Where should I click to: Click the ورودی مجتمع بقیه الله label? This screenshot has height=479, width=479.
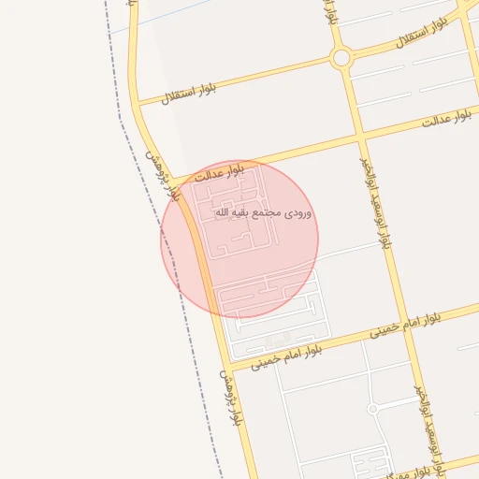(x=264, y=213)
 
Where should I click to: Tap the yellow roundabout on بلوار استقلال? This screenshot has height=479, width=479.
(x=341, y=58)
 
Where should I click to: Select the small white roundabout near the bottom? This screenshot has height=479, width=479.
(x=372, y=409)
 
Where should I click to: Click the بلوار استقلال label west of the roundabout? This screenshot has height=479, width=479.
(x=188, y=92)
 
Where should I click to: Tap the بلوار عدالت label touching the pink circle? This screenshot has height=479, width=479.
(x=218, y=172)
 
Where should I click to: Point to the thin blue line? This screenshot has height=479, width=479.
(x=159, y=18)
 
